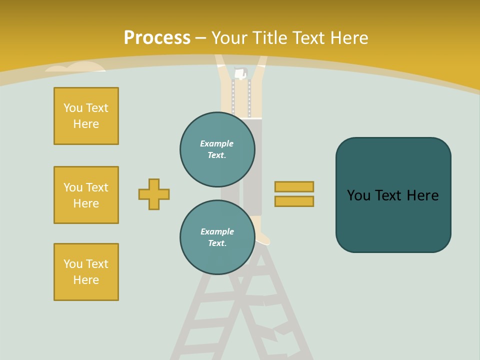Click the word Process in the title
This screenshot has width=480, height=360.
pyautogui.click(x=157, y=38)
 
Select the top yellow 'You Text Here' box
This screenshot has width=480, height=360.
pyautogui.click(x=86, y=116)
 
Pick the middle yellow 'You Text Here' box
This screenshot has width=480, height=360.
pyautogui.click(x=86, y=195)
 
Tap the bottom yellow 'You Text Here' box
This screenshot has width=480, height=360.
pyautogui.click(x=86, y=272)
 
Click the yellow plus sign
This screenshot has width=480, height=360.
pyautogui.click(x=154, y=194)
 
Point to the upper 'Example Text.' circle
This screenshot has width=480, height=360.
pyautogui.click(x=217, y=149)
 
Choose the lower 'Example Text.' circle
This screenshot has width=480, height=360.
pyautogui.click(x=217, y=237)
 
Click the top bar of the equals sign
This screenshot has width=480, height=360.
pyautogui.click(x=294, y=186)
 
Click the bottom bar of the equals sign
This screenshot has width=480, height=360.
pyautogui.click(x=294, y=201)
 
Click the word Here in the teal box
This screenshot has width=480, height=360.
pyautogui.click(x=422, y=195)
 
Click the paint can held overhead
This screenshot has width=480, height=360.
pyautogui.click(x=240, y=74)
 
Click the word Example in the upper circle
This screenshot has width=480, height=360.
pyautogui.click(x=216, y=143)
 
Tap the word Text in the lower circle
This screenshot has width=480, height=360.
pyautogui.click(x=216, y=243)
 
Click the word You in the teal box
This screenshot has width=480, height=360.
pyautogui.click(x=358, y=195)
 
